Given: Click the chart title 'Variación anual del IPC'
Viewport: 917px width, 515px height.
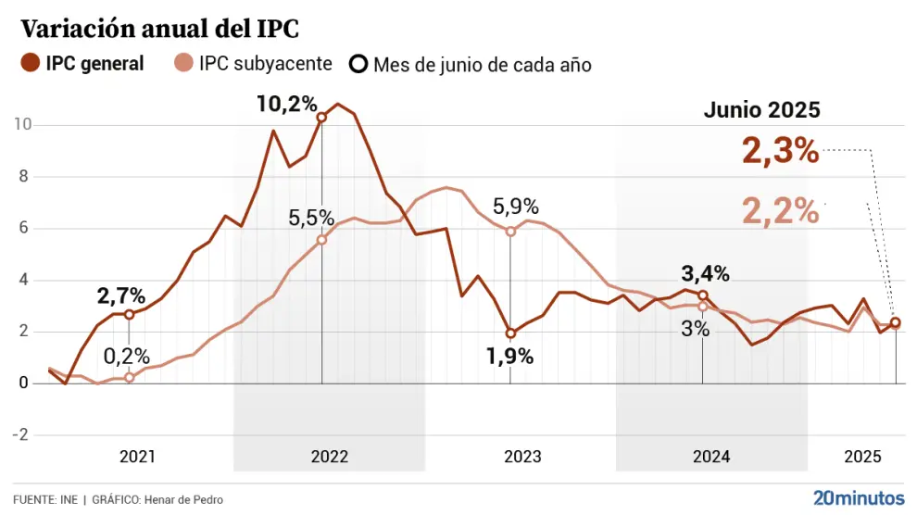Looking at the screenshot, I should point(159,29).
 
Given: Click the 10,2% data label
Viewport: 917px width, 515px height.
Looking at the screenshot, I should point(287,104).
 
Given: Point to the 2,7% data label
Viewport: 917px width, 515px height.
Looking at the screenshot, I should point(121,296).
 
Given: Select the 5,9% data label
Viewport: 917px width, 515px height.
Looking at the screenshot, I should point(515,207).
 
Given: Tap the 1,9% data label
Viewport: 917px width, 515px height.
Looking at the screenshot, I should point(509,357).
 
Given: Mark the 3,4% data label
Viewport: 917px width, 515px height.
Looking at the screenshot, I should point(706,273).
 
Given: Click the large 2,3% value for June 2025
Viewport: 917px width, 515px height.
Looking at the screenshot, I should point(781,150).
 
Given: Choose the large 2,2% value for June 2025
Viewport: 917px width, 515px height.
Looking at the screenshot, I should point(781,211).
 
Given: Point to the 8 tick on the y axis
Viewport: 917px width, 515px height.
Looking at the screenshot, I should point(26,176).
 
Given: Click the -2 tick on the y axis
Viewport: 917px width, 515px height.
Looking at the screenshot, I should point(21,434).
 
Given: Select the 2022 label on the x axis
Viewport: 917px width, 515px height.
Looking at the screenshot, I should point(330,457).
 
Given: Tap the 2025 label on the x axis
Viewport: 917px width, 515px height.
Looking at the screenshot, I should point(862,457).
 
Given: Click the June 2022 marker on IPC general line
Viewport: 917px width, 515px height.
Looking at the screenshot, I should point(321,118).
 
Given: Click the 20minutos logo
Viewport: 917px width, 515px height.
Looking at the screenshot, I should point(857,496).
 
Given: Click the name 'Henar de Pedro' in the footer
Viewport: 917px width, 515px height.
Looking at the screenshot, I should point(184,499).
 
